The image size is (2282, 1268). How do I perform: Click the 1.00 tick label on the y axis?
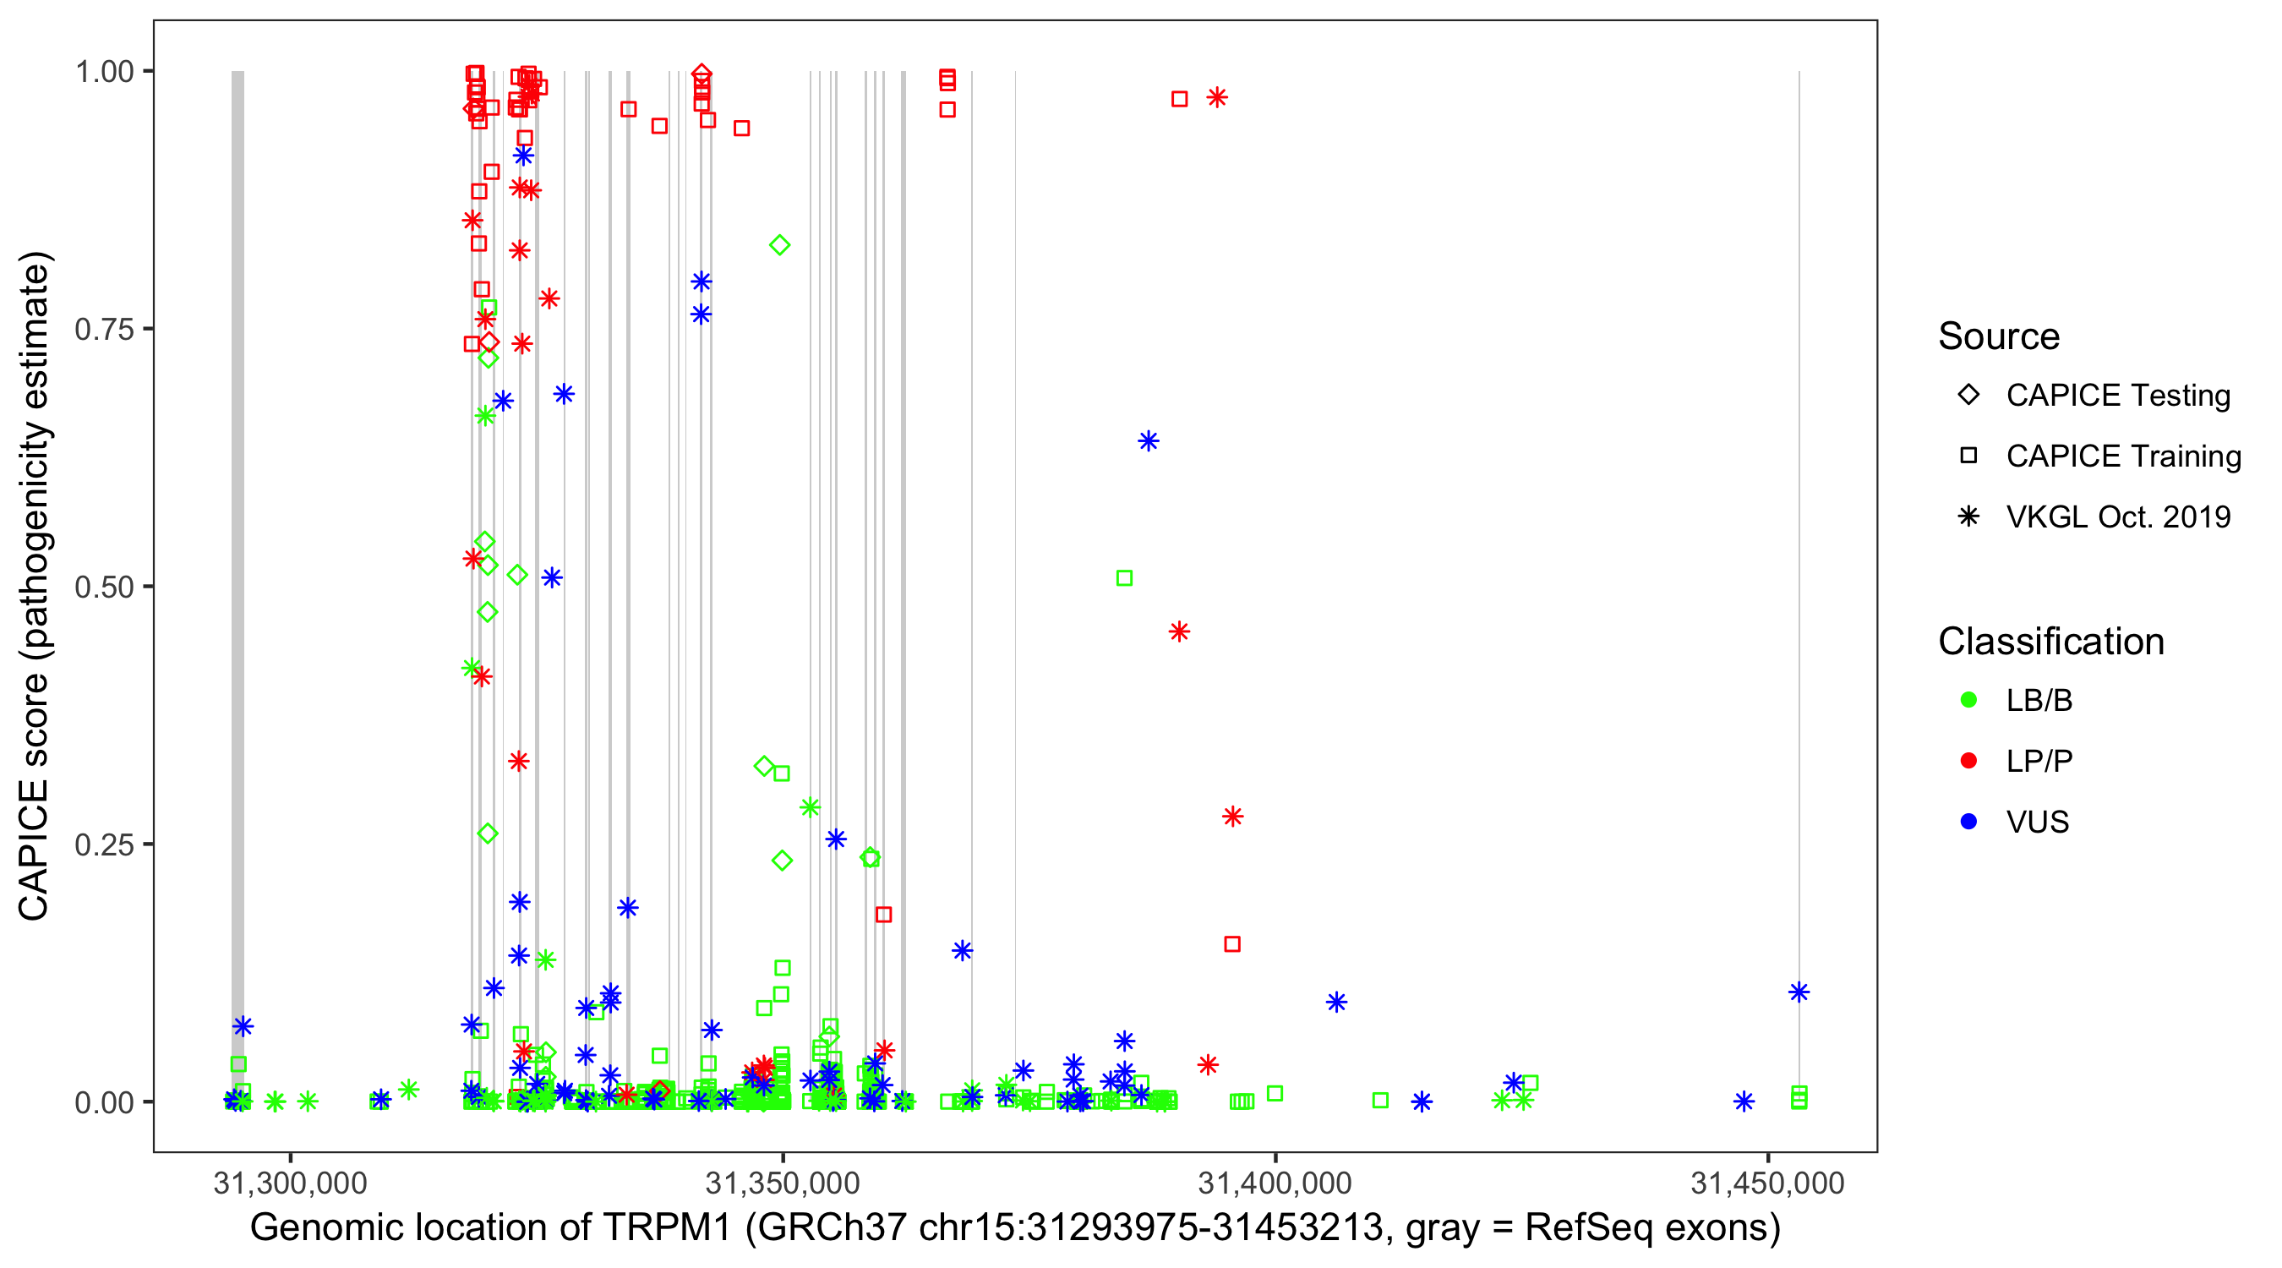(x=104, y=71)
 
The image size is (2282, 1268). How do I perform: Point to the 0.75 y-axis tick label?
(x=104, y=329)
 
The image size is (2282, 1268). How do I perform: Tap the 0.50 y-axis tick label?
(x=104, y=587)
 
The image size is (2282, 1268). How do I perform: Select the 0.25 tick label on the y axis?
(x=104, y=844)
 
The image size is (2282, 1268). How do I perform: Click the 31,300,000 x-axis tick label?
(x=290, y=1183)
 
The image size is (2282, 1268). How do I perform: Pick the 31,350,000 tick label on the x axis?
(x=783, y=1183)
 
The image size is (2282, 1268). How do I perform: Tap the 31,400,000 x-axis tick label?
(x=1275, y=1183)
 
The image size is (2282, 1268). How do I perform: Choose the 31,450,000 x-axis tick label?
(x=1767, y=1183)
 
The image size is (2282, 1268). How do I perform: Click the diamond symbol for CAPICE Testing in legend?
(x=1968, y=396)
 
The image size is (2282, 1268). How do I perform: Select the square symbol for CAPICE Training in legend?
(x=1968, y=456)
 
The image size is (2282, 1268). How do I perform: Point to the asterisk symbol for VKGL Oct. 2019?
(x=1968, y=516)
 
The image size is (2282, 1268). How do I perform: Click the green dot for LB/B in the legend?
(x=1968, y=700)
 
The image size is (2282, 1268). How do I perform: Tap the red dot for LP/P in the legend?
(x=1968, y=761)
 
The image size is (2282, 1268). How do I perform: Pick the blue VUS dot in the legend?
(x=1968, y=822)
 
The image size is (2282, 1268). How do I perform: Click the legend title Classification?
(x=2050, y=642)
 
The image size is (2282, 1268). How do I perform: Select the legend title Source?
(x=1999, y=336)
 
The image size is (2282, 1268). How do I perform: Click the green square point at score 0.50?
(x=1124, y=577)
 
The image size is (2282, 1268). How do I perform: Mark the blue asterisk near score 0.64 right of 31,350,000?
(x=1148, y=441)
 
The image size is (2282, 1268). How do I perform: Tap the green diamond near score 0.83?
(x=779, y=245)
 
